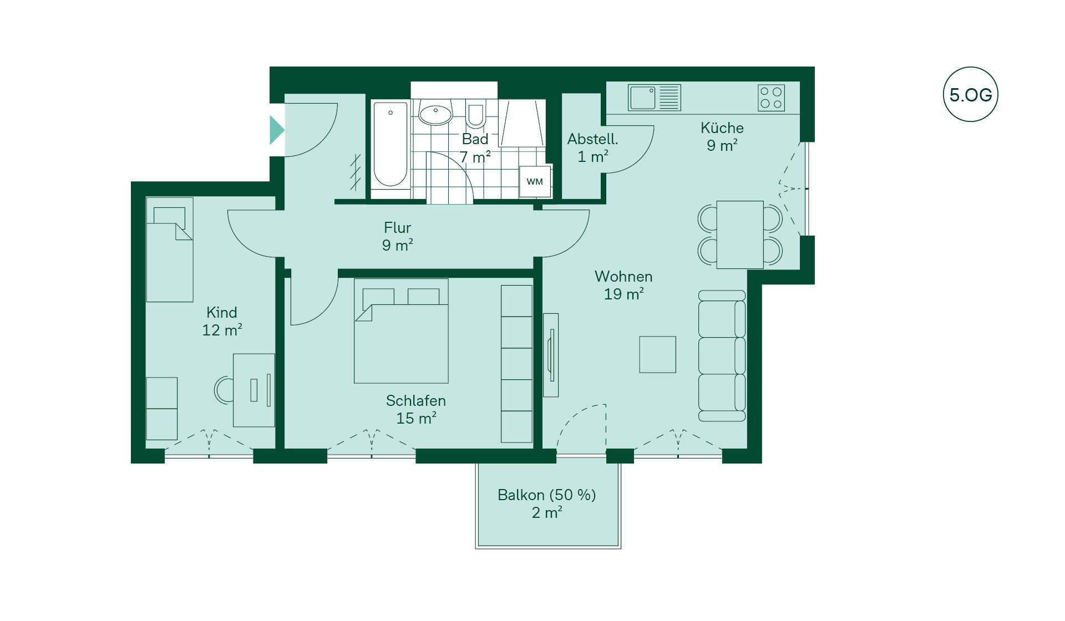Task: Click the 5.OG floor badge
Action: [970, 94]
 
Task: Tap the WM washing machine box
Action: [535, 181]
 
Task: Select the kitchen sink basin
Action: [642, 98]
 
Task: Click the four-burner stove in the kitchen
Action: [771, 98]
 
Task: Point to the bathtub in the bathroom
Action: [390, 145]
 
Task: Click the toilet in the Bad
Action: [475, 115]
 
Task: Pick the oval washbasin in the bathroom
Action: [435, 114]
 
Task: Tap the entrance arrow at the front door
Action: [277, 130]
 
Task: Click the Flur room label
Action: [397, 228]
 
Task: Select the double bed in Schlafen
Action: [401, 331]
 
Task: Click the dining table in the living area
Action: [740, 235]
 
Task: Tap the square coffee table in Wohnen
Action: [657, 354]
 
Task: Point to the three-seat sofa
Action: [722, 356]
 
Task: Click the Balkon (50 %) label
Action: [547, 495]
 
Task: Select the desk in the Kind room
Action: [254, 390]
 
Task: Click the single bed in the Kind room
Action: [170, 250]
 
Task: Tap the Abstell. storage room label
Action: [592, 139]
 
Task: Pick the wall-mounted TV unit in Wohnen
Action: [551, 355]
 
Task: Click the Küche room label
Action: [722, 128]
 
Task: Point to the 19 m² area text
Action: [623, 294]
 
